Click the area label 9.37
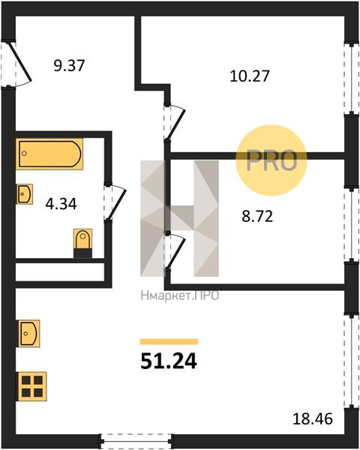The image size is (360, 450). coord(69,65)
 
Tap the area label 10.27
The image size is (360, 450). coord(250,76)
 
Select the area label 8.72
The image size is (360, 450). coord(257,216)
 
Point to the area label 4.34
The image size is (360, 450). coord(61,204)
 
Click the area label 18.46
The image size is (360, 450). coord(313,418)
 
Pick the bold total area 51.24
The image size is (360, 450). coord(169,361)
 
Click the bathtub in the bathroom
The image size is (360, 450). coord(49,154)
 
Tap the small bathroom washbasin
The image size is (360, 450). coord(25,194)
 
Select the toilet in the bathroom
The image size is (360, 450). coord(83,243)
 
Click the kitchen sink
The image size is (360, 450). coord(29,334)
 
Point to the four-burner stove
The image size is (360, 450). coord(31,386)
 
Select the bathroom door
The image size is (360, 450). coord(115,203)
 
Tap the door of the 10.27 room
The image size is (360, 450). coord(175,122)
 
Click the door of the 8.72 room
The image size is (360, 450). coord(175,250)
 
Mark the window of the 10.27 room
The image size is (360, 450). coord(352,79)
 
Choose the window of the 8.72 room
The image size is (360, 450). coord(352,224)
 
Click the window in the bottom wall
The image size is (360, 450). coord(136,441)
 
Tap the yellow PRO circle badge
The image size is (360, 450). coord(271,160)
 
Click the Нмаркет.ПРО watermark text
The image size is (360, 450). coord(180,295)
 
